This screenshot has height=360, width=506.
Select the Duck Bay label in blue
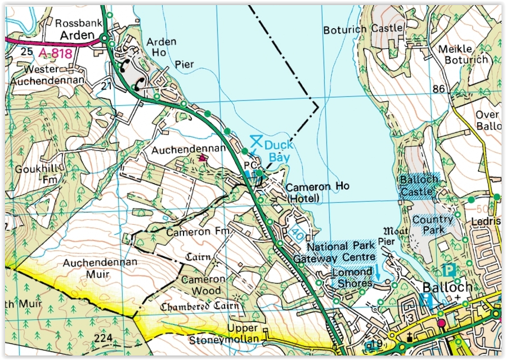point(279,150)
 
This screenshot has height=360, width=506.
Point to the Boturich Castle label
point(363,28)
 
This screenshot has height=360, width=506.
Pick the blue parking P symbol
point(449,270)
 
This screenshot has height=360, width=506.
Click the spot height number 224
point(104,338)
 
